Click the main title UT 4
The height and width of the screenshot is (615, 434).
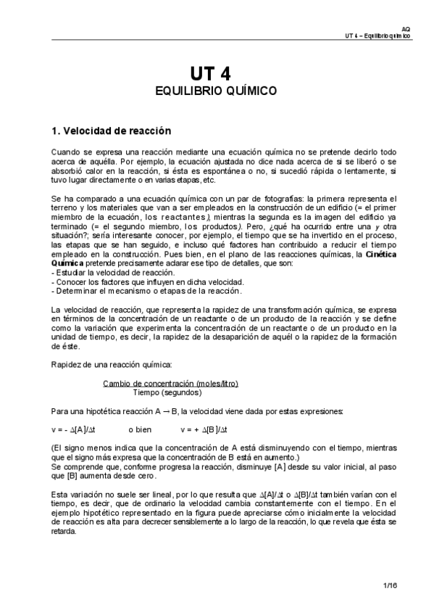(x=217, y=74)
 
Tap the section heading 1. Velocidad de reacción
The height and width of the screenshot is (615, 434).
(x=111, y=131)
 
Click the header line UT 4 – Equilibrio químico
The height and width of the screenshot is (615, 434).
(x=378, y=35)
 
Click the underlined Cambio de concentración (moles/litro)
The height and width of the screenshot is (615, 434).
(x=171, y=383)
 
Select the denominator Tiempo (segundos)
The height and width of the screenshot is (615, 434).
(x=171, y=392)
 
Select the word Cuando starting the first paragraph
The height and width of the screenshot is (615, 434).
(x=65, y=152)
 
